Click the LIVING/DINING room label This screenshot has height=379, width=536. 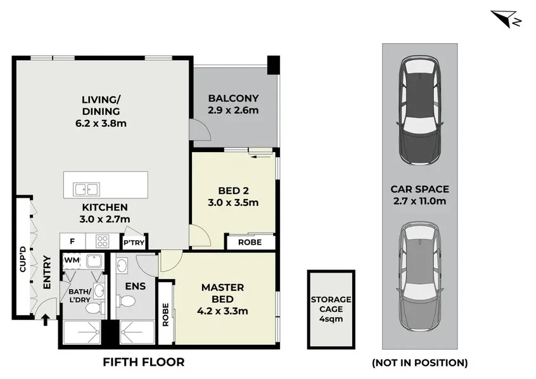104,111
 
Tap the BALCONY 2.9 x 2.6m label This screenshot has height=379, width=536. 233,104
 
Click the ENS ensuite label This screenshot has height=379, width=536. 136,286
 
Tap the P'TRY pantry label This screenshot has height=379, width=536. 133,243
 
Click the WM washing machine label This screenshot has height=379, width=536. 71,260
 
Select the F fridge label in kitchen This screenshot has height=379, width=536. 72,241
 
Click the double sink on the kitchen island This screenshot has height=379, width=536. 86,188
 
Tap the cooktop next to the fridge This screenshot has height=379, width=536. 103,241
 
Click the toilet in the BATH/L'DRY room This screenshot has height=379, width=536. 93,309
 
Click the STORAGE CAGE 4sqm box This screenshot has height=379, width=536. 330,309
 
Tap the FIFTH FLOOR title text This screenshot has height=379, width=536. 144,363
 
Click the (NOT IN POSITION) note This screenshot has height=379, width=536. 419,363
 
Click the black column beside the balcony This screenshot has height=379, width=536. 273,63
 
